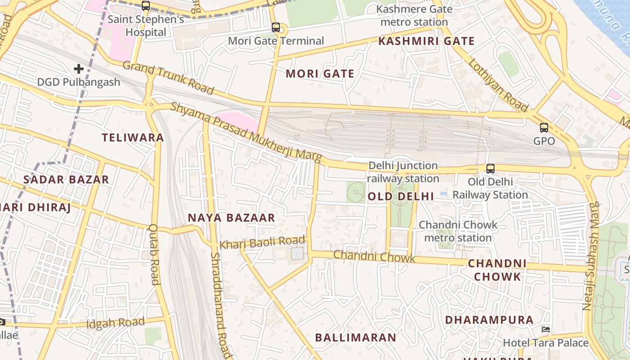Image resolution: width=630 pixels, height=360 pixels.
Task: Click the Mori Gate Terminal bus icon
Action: pyautogui.click(x=276, y=27)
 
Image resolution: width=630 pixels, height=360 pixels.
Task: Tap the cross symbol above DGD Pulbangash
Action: pyautogui.click(x=79, y=69)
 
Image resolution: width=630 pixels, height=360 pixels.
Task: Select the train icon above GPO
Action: pyautogui.click(x=544, y=127)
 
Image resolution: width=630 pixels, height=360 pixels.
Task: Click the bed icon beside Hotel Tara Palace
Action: pyautogui.click(x=546, y=329)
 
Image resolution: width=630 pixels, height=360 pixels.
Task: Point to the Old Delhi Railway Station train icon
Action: pyautogui.click(x=490, y=169)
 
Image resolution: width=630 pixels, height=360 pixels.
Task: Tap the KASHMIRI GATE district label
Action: pyautogui.click(x=426, y=41)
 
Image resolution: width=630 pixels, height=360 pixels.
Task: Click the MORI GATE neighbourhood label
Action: pyautogui.click(x=320, y=74)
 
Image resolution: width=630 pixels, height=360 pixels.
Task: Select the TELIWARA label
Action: pyautogui.click(x=133, y=138)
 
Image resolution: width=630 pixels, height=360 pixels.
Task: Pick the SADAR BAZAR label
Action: pyautogui.click(x=66, y=180)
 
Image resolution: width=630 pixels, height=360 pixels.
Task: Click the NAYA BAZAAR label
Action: pyautogui.click(x=231, y=218)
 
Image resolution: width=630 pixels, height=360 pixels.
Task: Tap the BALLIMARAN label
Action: pyautogui.click(x=355, y=337)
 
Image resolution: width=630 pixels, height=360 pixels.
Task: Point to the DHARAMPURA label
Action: pyautogui.click(x=489, y=320)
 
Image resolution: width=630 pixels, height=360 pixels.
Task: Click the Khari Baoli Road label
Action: pyautogui.click(x=262, y=243)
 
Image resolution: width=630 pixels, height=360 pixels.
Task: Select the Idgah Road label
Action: pyautogui.click(x=115, y=323)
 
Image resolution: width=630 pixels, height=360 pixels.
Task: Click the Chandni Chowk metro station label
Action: pyautogui.click(x=458, y=231)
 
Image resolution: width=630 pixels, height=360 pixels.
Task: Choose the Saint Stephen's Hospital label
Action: pyautogui.click(x=146, y=26)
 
